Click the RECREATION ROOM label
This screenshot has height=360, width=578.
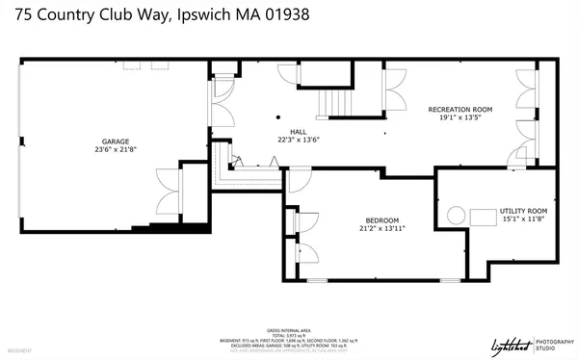(460, 111)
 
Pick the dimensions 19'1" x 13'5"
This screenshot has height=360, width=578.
(460, 119)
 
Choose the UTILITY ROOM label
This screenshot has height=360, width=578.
(523, 211)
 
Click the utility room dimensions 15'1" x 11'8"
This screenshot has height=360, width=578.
(523, 219)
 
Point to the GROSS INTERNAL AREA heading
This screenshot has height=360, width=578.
(288, 328)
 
